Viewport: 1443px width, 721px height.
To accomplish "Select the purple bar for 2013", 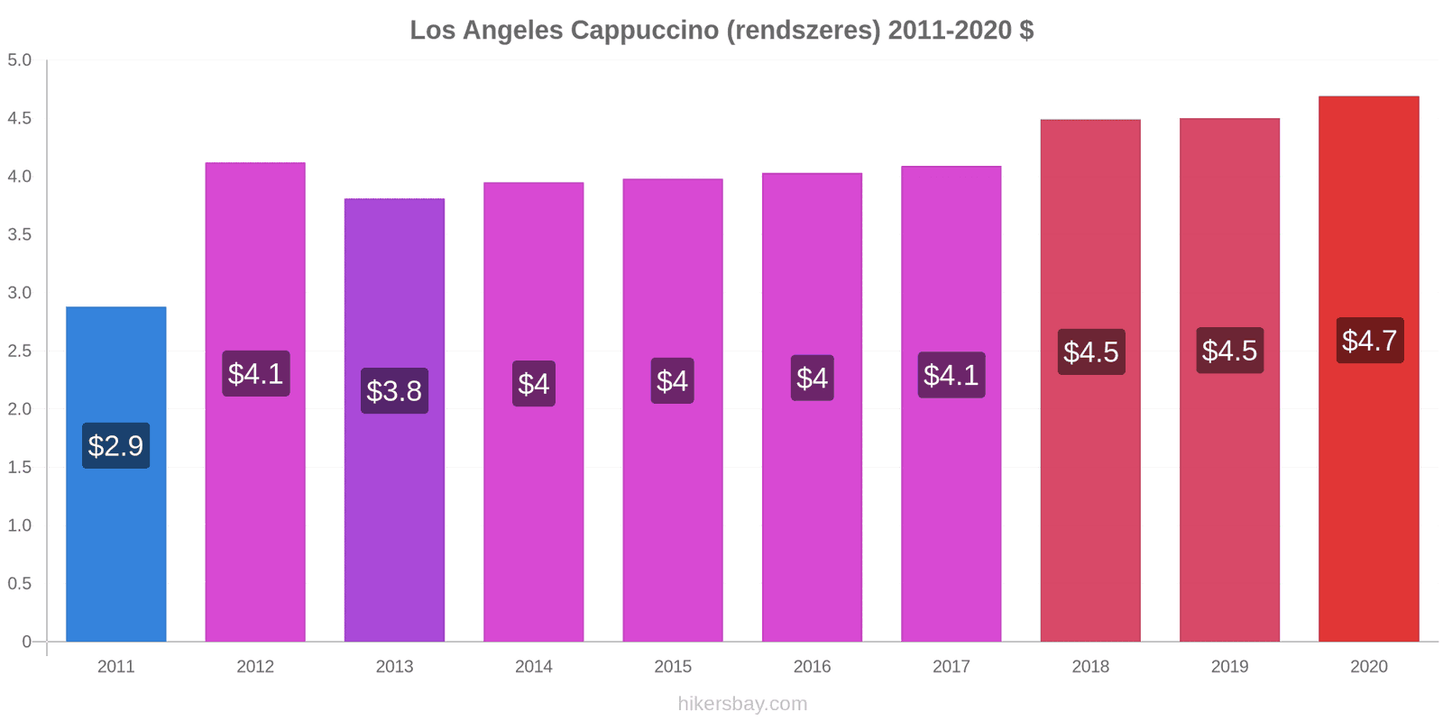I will pos(394,523).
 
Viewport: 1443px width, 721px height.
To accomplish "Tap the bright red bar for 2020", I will pos(1368,496).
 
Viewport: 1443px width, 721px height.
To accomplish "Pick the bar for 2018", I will pos(1090,505).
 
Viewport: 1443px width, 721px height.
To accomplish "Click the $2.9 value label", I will pos(115,445).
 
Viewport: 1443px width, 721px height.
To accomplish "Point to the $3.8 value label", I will pos(394,391).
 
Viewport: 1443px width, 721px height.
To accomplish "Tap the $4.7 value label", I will pos(1369,341).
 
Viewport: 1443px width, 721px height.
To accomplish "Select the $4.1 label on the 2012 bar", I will pos(255,373).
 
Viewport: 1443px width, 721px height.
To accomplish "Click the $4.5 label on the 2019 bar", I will pos(1229,351).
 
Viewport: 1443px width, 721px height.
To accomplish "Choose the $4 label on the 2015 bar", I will pos(672,381).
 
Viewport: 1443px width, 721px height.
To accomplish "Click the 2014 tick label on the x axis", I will pos(533,667).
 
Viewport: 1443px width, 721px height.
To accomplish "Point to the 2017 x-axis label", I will pos(951,667).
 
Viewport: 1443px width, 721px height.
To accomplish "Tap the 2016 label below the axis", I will pos(812,667).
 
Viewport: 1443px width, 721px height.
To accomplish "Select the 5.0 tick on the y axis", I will pos(19,60).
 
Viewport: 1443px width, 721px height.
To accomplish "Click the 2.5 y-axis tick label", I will pos(19,351).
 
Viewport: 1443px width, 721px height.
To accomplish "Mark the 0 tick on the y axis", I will pos(26,642).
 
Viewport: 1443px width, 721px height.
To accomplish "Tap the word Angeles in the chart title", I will pos(512,30).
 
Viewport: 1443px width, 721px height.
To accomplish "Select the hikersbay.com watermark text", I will pos(742,704).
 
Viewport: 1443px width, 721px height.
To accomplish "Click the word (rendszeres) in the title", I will pos(804,30).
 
